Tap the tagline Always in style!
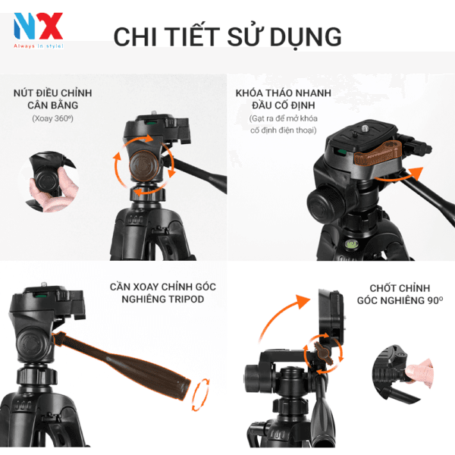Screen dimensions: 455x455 pyautogui.click(x=38, y=45)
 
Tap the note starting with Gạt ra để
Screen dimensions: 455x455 pyautogui.click(x=287, y=125)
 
